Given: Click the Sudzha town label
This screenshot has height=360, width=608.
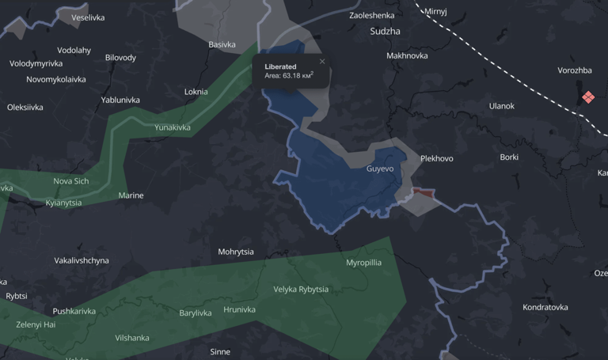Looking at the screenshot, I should [385, 32].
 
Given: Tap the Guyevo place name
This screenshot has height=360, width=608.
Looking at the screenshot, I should [380, 169].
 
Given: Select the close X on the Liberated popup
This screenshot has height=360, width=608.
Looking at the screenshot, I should [322, 62].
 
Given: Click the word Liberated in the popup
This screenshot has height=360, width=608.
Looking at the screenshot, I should [280, 66].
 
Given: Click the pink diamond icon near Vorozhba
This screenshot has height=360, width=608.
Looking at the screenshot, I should [588, 97].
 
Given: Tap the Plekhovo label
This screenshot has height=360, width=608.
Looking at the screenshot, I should [436, 159].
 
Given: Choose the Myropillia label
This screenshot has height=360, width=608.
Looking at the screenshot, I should [363, 263].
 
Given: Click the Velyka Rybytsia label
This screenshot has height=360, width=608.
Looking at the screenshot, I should [301, 290].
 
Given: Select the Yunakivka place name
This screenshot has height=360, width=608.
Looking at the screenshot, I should [173, 127].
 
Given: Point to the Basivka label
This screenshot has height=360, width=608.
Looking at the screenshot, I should [222, 45].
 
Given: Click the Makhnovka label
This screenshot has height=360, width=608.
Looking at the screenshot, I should [407, 56].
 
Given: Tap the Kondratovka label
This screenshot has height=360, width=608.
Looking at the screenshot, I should [545, 308].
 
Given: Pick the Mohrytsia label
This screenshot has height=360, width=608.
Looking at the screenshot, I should [236, 252].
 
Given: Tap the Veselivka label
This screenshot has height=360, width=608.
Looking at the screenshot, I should [88, 17].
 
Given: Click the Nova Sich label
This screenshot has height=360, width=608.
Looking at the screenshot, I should [71, 181].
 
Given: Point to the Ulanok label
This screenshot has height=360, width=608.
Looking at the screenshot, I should [501, 106].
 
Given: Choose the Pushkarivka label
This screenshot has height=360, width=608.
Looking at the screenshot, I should [74, 312].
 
